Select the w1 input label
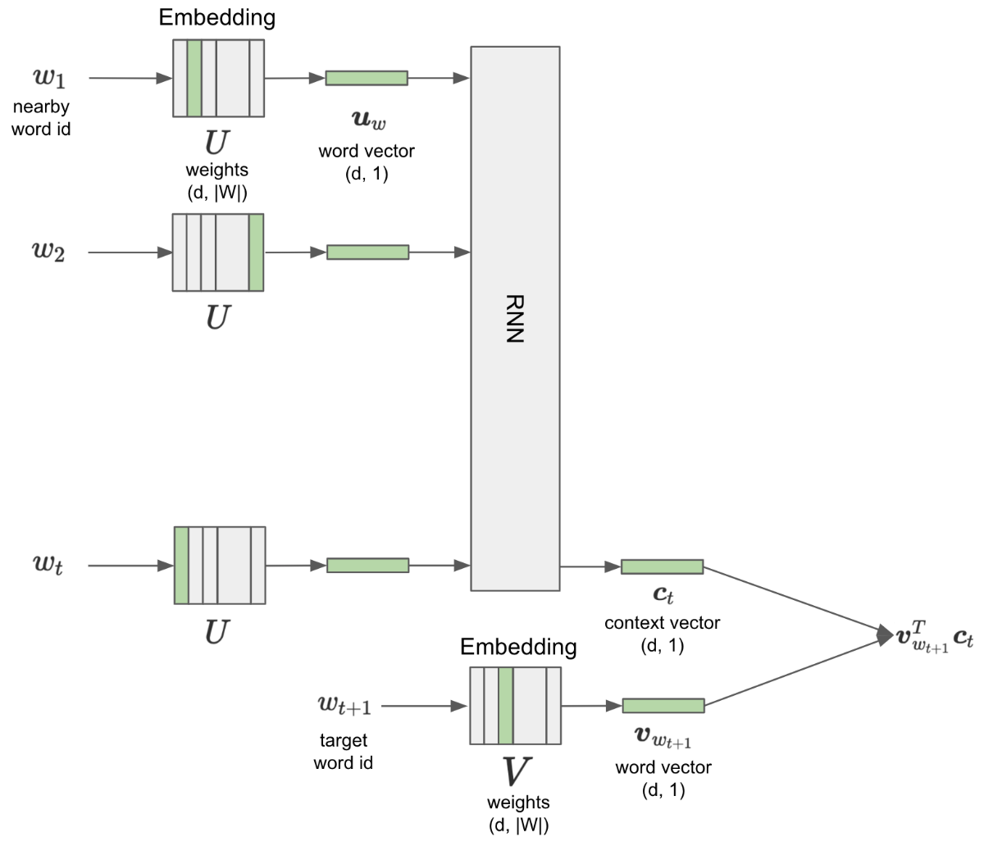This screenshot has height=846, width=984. point(48,78)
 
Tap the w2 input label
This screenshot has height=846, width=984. point(48,252)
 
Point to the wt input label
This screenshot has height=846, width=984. point(48,565)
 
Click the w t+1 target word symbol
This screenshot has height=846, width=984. point(344,705)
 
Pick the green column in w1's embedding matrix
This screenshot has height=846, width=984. point(194,78)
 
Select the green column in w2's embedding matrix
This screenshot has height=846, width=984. point(256,252)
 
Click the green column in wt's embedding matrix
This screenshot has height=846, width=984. point(181,566)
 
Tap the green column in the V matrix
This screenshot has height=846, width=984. point(505,706)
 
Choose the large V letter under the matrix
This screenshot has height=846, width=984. point(517,771)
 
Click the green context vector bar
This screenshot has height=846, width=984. point(662,566)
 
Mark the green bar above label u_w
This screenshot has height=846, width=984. point(367,78)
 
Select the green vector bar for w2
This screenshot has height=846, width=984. point(367,252)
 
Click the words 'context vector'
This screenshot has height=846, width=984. point(662,623)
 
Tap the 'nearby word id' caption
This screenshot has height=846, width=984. point(41,117)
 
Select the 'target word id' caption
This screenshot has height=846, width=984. point(343,752)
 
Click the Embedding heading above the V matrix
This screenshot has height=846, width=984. point(518,647)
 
